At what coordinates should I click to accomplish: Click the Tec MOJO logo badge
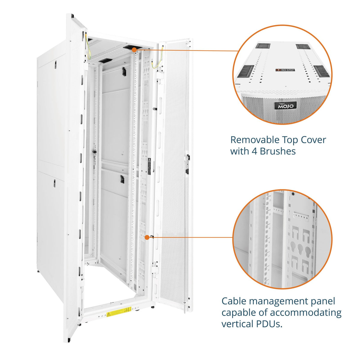tap(286, 105)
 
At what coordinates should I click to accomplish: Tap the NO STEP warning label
tap(285, 70)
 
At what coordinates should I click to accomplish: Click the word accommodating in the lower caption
tap(306, 313)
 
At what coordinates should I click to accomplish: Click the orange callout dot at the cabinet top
tap(134, 49)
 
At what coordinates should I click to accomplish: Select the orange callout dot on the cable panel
tap(147, 237)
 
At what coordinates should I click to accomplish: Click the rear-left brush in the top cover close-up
tap(263, 46)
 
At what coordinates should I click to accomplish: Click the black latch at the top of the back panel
tap(123, 71)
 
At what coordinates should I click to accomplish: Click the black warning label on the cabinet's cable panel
tap(149, 165)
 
